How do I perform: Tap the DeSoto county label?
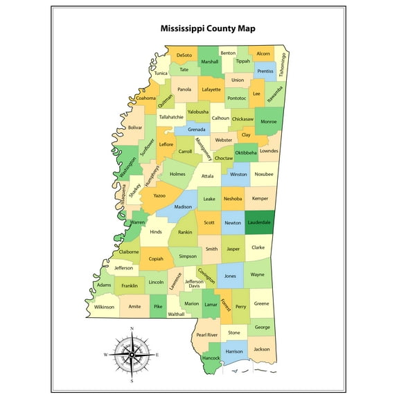pyautogui.click(x=184, y=55)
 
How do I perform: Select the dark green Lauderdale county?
pyautogui.click(x=259, y=222)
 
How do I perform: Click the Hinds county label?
pyautogui.click(x=156, y=232)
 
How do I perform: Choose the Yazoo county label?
pyautogui.click(x=159, y=196)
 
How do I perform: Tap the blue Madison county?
pyautogui.click(x=183, y=207)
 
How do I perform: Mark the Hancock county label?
pyautogui.click(x=211, y=358)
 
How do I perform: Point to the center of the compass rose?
pyautogui.click(x=131, y=354)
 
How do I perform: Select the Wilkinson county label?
pyautogui.click(x=104, y=306)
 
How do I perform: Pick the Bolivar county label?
pyautogui.click(x=135, y=127)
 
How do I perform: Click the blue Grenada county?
pyautogui.click(x=197, y=130)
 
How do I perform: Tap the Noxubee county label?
pyautogui.click(x=263, y=175)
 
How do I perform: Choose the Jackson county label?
pyautogui.click(x=261, y=349)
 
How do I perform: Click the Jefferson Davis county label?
pyautogui.click(x=194, y=284)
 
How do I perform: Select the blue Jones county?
pyautogui.click(x=230, y=276)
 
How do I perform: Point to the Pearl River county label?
pyautogui.click(x=206, y=335)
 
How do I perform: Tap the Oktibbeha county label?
pyautogui.click(x=246, y=152)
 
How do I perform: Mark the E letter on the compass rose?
pyautogui.click(x=157, y=355)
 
